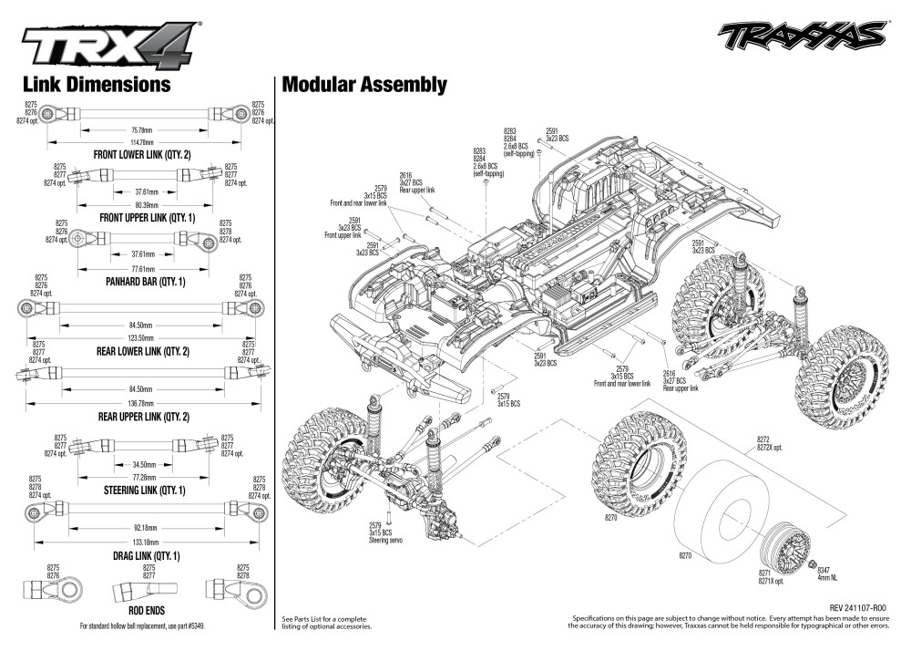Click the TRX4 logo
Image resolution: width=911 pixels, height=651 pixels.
click(110, 44)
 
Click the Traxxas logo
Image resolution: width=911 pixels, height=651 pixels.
click(801, 36)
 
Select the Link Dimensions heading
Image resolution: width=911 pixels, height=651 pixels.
click(97, 84)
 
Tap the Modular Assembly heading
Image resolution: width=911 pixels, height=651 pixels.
click(364, 85)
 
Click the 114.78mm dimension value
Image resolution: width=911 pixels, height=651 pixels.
click(141, 143)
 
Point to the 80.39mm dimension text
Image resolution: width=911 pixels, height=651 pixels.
click(147, 205)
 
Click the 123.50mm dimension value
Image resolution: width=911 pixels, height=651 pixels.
click(140, 337)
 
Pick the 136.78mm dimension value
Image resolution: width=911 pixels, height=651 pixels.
click(140, 403)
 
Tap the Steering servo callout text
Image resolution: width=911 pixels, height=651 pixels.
click(384, 540)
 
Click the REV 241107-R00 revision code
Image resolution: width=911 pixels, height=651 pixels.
click(857, 607)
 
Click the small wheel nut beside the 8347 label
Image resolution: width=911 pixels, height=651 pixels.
click(814, 565)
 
